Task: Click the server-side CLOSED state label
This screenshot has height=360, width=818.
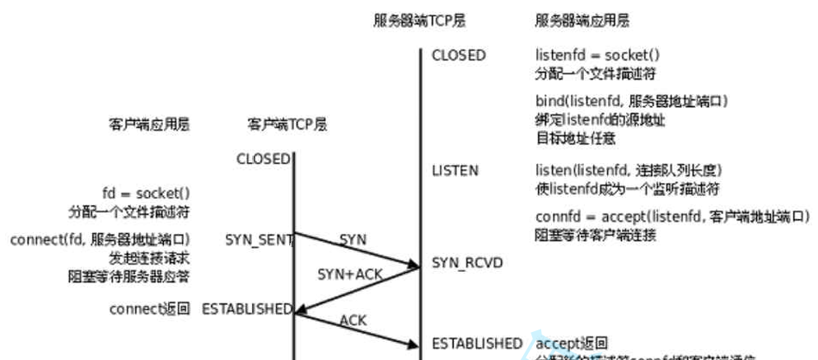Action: (x=459, y=56)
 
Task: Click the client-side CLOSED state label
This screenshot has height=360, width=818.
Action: (x=263, y=159)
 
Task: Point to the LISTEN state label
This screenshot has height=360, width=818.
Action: (x=455, y=171)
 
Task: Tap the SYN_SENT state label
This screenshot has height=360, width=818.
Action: (x=259, y=240)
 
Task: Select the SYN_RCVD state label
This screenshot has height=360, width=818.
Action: (x=467, y=263)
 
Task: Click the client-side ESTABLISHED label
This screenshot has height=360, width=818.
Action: (x=247, y=309)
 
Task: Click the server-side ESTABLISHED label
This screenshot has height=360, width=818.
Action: (x=477, y=343)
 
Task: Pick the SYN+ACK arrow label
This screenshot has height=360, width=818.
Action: (x=350, y=274)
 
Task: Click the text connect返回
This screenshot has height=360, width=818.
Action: (x=150, y=309)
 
